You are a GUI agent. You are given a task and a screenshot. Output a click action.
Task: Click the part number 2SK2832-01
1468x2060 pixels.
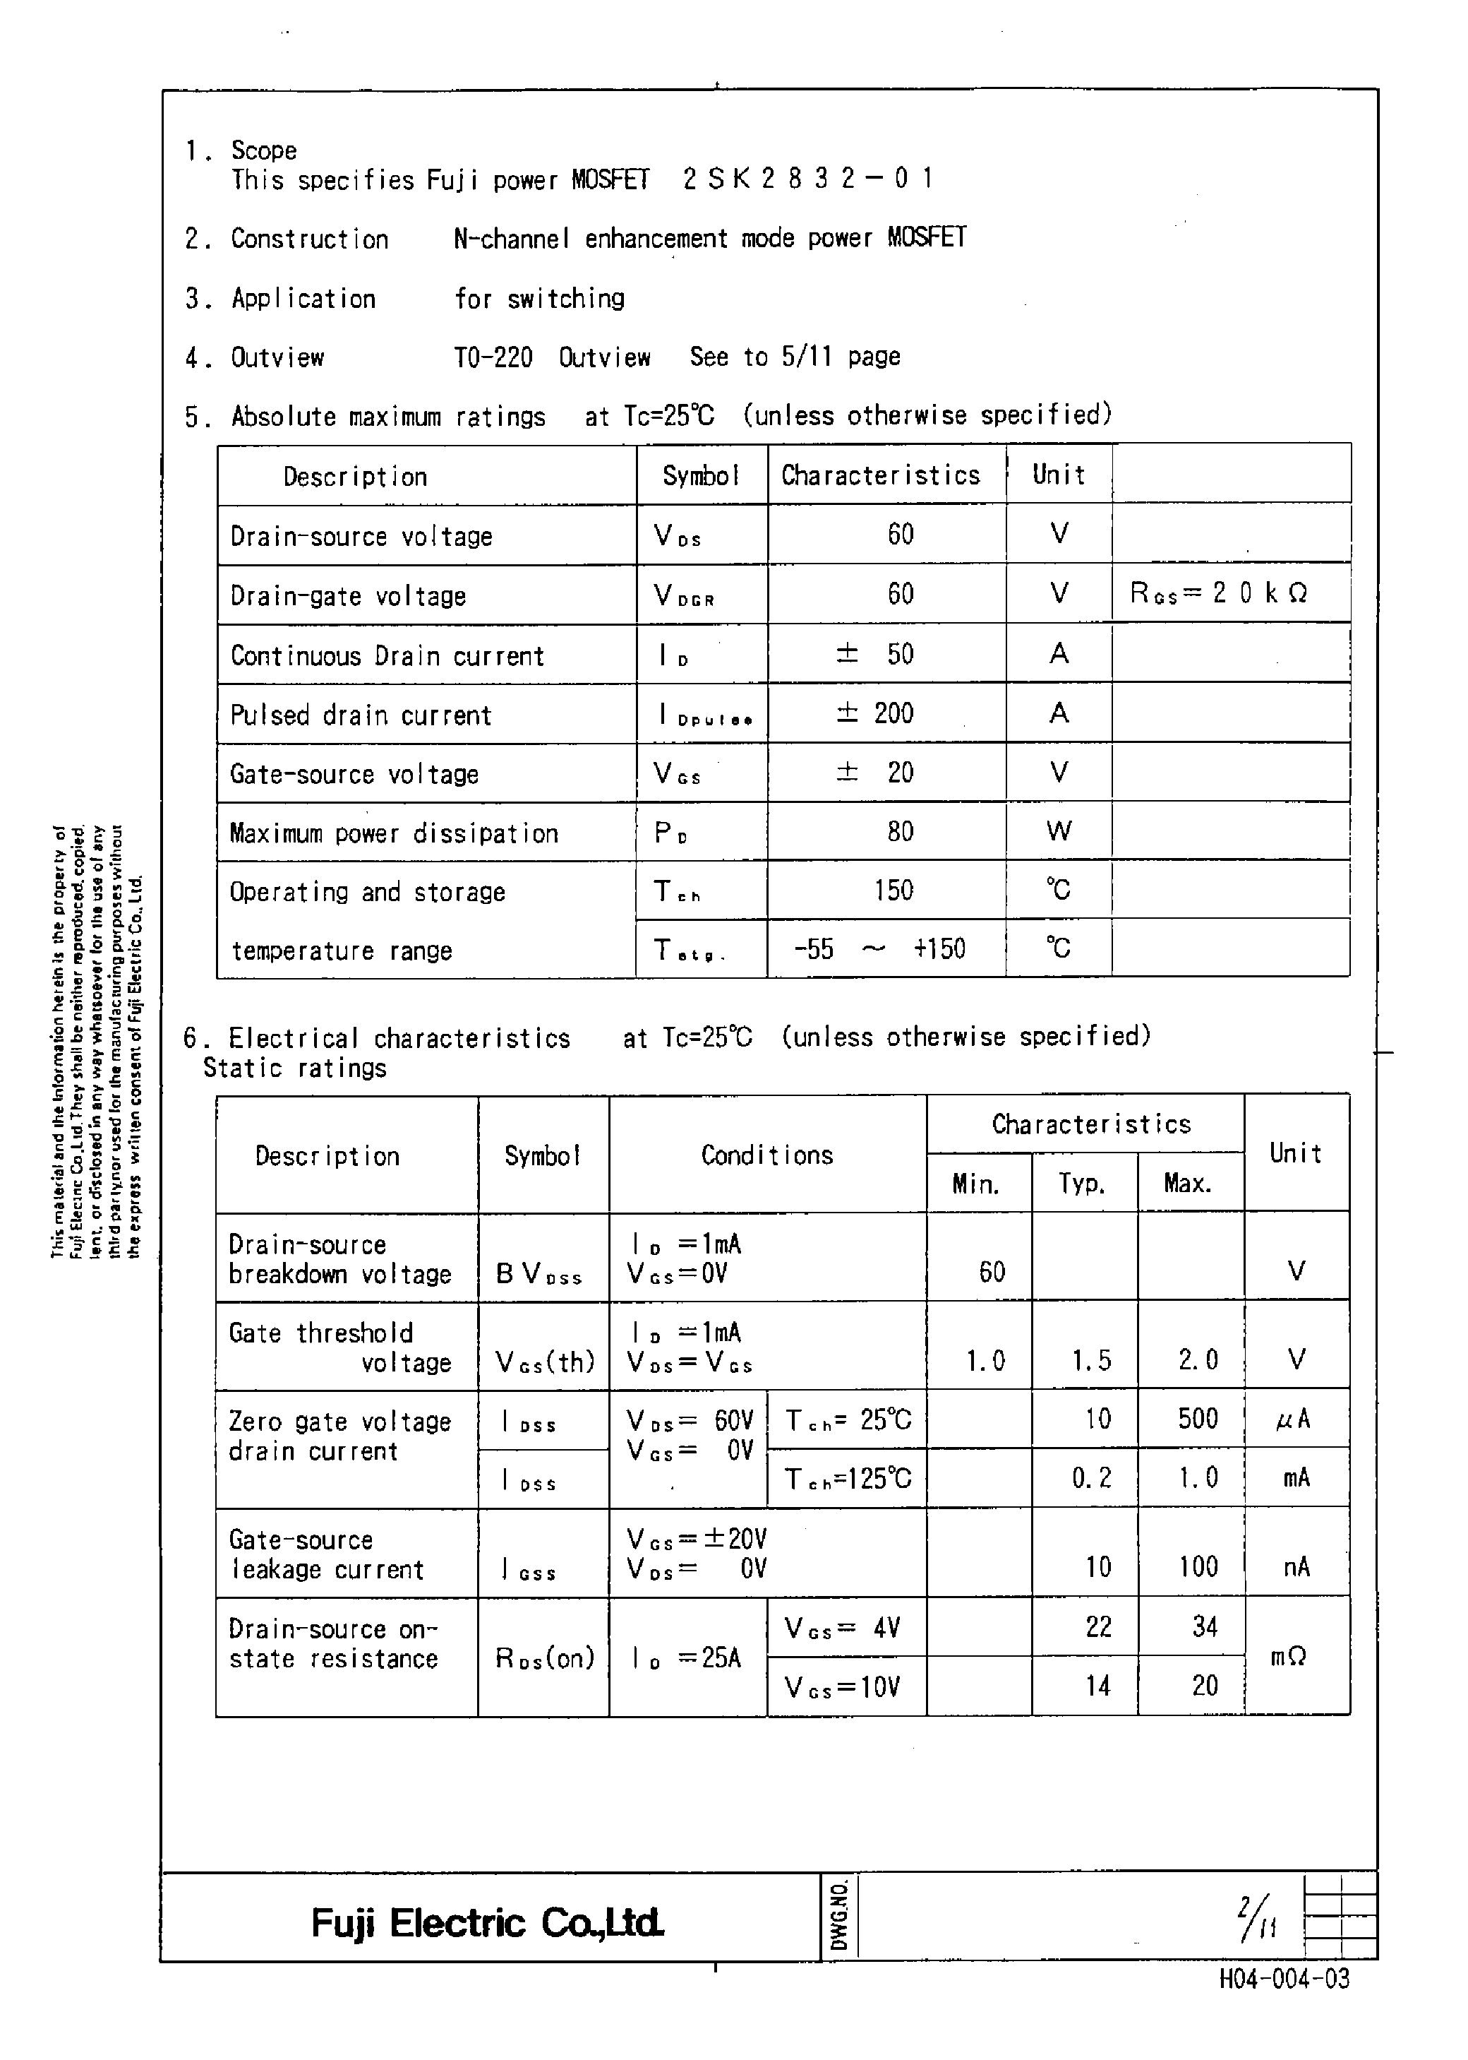tap(807, 178)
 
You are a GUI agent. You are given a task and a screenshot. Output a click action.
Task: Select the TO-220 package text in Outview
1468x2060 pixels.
tap(493, 357)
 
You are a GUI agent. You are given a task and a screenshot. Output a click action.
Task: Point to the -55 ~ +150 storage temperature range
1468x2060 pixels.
tap(879, 948)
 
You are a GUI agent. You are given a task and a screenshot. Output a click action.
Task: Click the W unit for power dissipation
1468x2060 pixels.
tap(1059, 831)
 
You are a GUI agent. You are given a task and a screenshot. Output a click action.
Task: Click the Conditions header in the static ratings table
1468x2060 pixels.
tap(766, 1155)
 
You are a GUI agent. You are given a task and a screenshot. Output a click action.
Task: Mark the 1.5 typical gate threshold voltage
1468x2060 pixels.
tap(1091, 1360)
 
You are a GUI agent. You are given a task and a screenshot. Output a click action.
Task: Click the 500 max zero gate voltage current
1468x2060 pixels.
tap(1198, 1419)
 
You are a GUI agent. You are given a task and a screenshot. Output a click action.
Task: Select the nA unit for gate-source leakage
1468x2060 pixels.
tap(1296, 1566)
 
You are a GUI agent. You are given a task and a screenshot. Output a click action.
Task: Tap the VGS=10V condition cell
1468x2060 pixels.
tap(843, 1686)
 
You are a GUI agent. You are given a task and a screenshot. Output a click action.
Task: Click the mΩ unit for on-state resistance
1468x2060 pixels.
tap(1288, 1657)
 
